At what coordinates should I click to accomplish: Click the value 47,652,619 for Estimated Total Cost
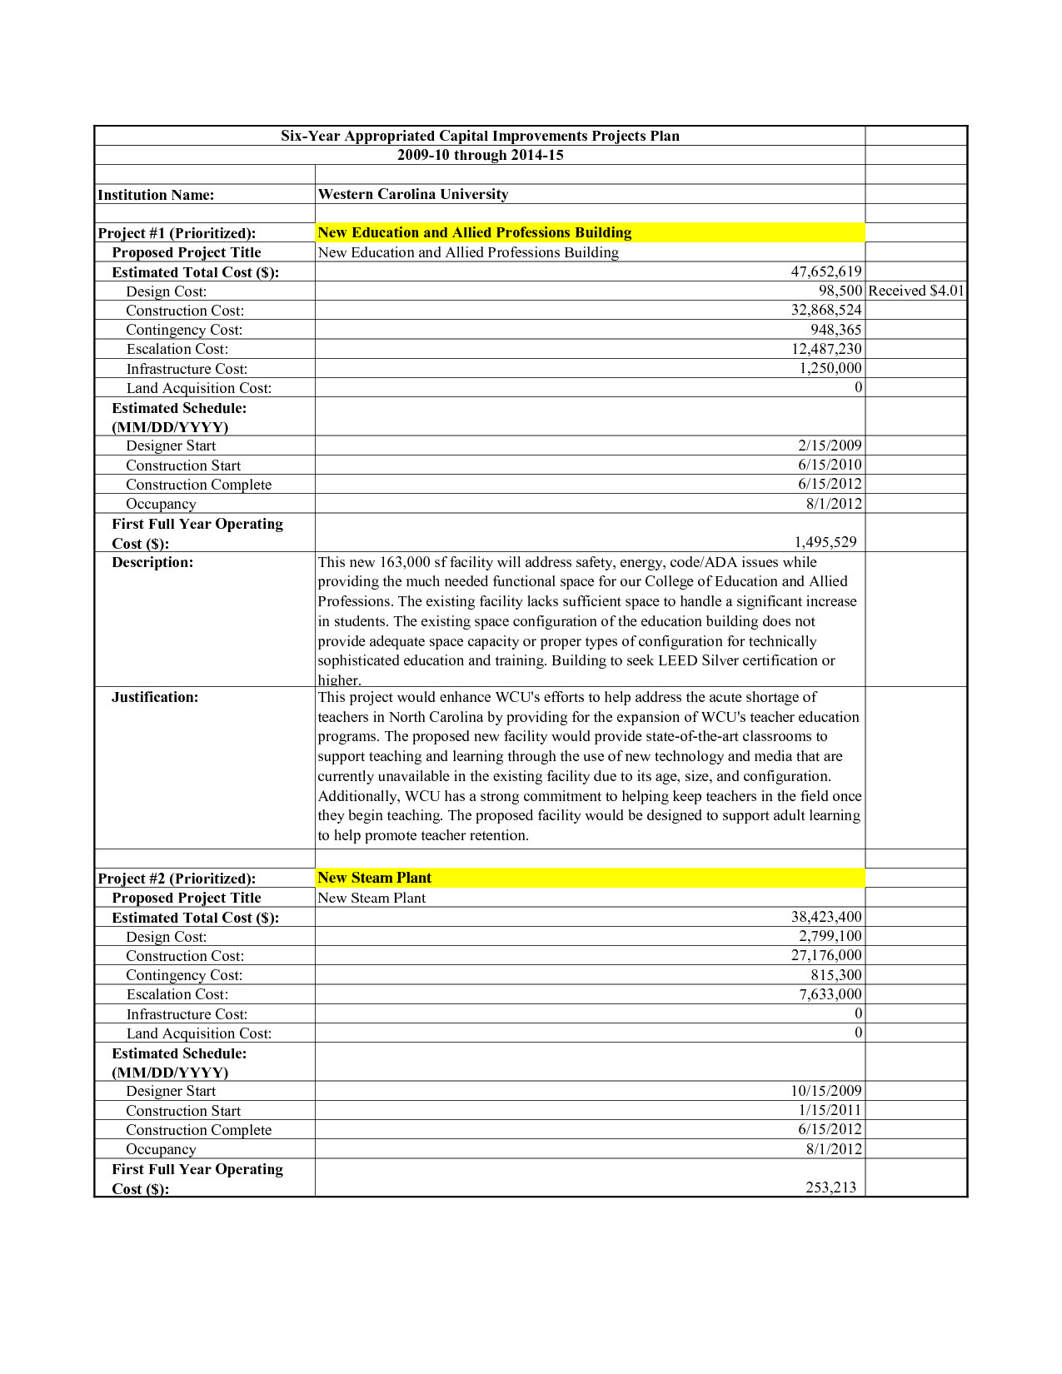click(x=825, y=271)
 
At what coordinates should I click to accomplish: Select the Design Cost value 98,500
click(x=840, y=291)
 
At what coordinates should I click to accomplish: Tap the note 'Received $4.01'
click(x=915, y=291)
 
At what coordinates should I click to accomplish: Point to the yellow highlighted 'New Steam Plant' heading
click(x=375, y=878)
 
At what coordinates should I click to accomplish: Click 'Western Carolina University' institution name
click(x=413, y=194)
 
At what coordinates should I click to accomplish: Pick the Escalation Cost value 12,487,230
click(x=825, y=349)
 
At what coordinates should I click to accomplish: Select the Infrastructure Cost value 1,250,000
click(x=830, y=368)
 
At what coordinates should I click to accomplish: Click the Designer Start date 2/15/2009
click(x=830, y=446)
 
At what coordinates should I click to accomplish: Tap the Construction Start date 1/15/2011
click(x=830, y=1110)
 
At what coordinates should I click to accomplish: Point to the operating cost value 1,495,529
click(x=825, y=542)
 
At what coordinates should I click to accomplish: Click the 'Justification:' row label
click(x=155, y=697)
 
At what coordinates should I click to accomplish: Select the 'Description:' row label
click(x=152, y=562)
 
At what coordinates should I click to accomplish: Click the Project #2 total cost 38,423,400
click(x=825, y=917)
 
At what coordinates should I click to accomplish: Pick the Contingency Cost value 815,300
click(x=835, y=975)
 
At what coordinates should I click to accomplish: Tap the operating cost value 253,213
click(x=830, y=1187)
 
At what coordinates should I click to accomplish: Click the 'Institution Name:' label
click(x=156, y=195)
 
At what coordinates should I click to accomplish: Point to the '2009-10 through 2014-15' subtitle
click(x=480, y=155)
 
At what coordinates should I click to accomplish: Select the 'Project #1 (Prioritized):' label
click(x=177, y=233)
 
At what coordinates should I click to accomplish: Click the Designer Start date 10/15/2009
click(x=825, y=1091)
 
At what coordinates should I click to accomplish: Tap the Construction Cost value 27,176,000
click(x=825, y=955)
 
